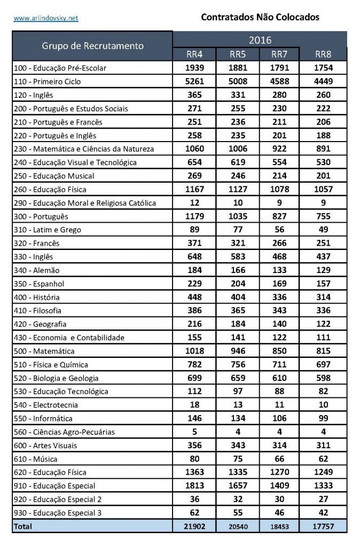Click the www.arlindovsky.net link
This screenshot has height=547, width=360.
point(46,18)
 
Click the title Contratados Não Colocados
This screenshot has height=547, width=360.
point(260,17)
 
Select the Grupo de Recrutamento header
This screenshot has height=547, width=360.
point(93,45)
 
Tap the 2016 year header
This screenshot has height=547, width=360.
point(260,40)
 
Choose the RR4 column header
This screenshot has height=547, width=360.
point(194,54)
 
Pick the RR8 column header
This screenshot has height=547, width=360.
point(324,54)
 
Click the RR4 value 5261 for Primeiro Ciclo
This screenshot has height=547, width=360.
point(194,82)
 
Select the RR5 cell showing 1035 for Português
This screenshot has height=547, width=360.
point(238,216)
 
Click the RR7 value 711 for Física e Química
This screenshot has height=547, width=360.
point(279,364)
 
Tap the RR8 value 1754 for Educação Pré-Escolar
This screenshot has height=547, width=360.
point(324,68)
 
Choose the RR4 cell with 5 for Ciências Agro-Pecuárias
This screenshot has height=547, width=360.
point(194,432)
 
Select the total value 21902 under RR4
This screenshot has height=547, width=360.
point(194,526)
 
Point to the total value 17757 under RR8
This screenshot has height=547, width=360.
point(324,526)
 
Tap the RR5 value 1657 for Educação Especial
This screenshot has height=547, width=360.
point(238,486)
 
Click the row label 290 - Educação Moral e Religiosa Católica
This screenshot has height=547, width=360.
point(85,203)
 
